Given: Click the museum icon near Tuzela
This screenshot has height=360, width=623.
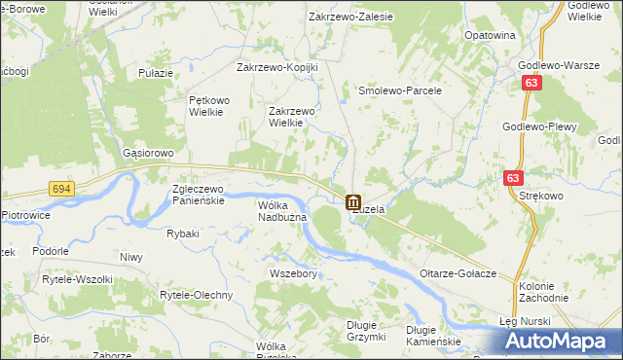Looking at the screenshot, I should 351,202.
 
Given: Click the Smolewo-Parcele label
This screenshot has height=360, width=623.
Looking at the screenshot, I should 400,90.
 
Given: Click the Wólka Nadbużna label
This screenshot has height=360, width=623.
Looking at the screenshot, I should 282,211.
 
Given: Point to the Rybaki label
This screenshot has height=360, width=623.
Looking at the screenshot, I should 183,234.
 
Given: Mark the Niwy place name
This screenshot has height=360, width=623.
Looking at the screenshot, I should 130,258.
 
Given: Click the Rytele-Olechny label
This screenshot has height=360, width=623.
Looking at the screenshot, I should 196,295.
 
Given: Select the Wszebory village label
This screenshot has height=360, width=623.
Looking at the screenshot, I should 293,274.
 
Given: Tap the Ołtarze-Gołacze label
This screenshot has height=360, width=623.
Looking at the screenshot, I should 458,273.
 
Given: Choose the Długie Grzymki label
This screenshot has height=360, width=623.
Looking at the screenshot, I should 368,332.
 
